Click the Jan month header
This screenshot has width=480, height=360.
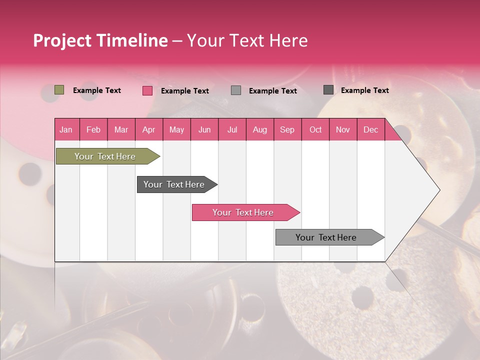point(66,129)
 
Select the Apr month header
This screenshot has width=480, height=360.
point(149,129)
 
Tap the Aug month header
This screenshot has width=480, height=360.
point(260,129)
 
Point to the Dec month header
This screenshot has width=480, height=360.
point(371,129)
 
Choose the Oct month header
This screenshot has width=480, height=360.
point(315,129)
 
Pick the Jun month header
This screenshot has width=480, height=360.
point(204,129)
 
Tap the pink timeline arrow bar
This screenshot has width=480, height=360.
point(244,212)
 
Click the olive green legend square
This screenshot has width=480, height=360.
point(59,90)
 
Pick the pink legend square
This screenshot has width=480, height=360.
point(147,90)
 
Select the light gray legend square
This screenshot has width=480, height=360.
point(236,90)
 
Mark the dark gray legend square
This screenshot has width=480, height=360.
point(328,90)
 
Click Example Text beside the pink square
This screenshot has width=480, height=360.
point(185,91)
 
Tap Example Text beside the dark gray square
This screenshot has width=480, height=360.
point(365,90)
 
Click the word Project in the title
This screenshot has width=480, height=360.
point(63,41)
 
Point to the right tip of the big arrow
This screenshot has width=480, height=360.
point(439,190)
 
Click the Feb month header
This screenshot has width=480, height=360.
point(93,129)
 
